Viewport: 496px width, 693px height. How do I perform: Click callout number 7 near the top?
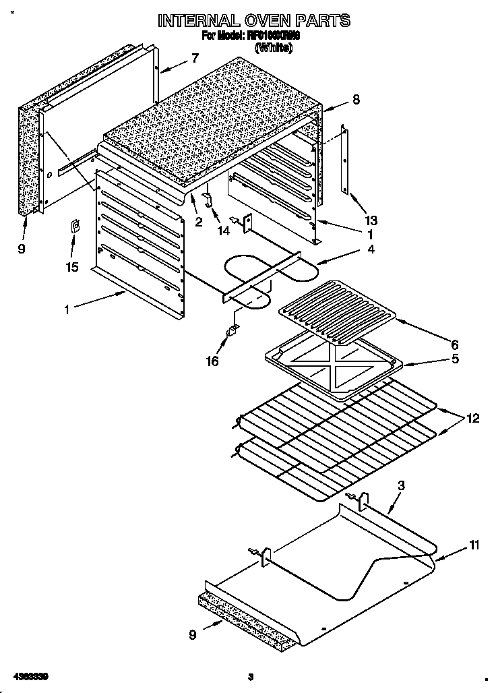pyautogui.click(x=195, y=58)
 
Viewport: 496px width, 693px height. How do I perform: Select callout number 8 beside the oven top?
pyautogui.click(x=356, y=99)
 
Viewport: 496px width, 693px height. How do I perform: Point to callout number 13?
pyautogui.click(x=372, y=220)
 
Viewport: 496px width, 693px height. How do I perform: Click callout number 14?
pyautogui.click(x=223, y=231)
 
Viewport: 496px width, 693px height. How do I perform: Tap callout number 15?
pyautogui.click(x=72, y=267)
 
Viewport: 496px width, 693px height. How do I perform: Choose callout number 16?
pyautogui.click(x=212, y=361)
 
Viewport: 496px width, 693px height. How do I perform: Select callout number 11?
pyautogui.click(x=474, y=545)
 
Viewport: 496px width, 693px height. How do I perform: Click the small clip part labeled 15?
pyautogui.click(x=75, y=227)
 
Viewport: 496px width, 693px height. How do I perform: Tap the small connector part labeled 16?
pyautogui.click(x=232, y=330)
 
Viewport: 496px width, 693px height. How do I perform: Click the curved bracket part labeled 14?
pyautogui.click(x=208, y=199)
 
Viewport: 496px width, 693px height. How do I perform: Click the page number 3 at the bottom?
pyautogui.click(x=250, y=676)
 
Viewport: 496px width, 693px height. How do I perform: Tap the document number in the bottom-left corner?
pyautogui.click(x=30, y=675)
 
